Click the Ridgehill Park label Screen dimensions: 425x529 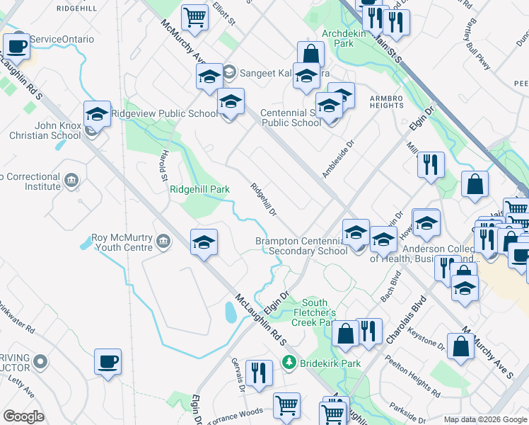(200, 189)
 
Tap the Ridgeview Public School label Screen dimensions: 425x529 (170, 113)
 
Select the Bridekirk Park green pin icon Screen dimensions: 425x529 (289, 363)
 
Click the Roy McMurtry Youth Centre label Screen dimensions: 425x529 (122, 242)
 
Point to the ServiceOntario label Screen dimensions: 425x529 (62, 39)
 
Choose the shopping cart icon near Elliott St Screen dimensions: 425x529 (194, 17)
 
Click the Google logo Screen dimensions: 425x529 (23, 416)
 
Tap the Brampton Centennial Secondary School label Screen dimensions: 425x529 (301, 246)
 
